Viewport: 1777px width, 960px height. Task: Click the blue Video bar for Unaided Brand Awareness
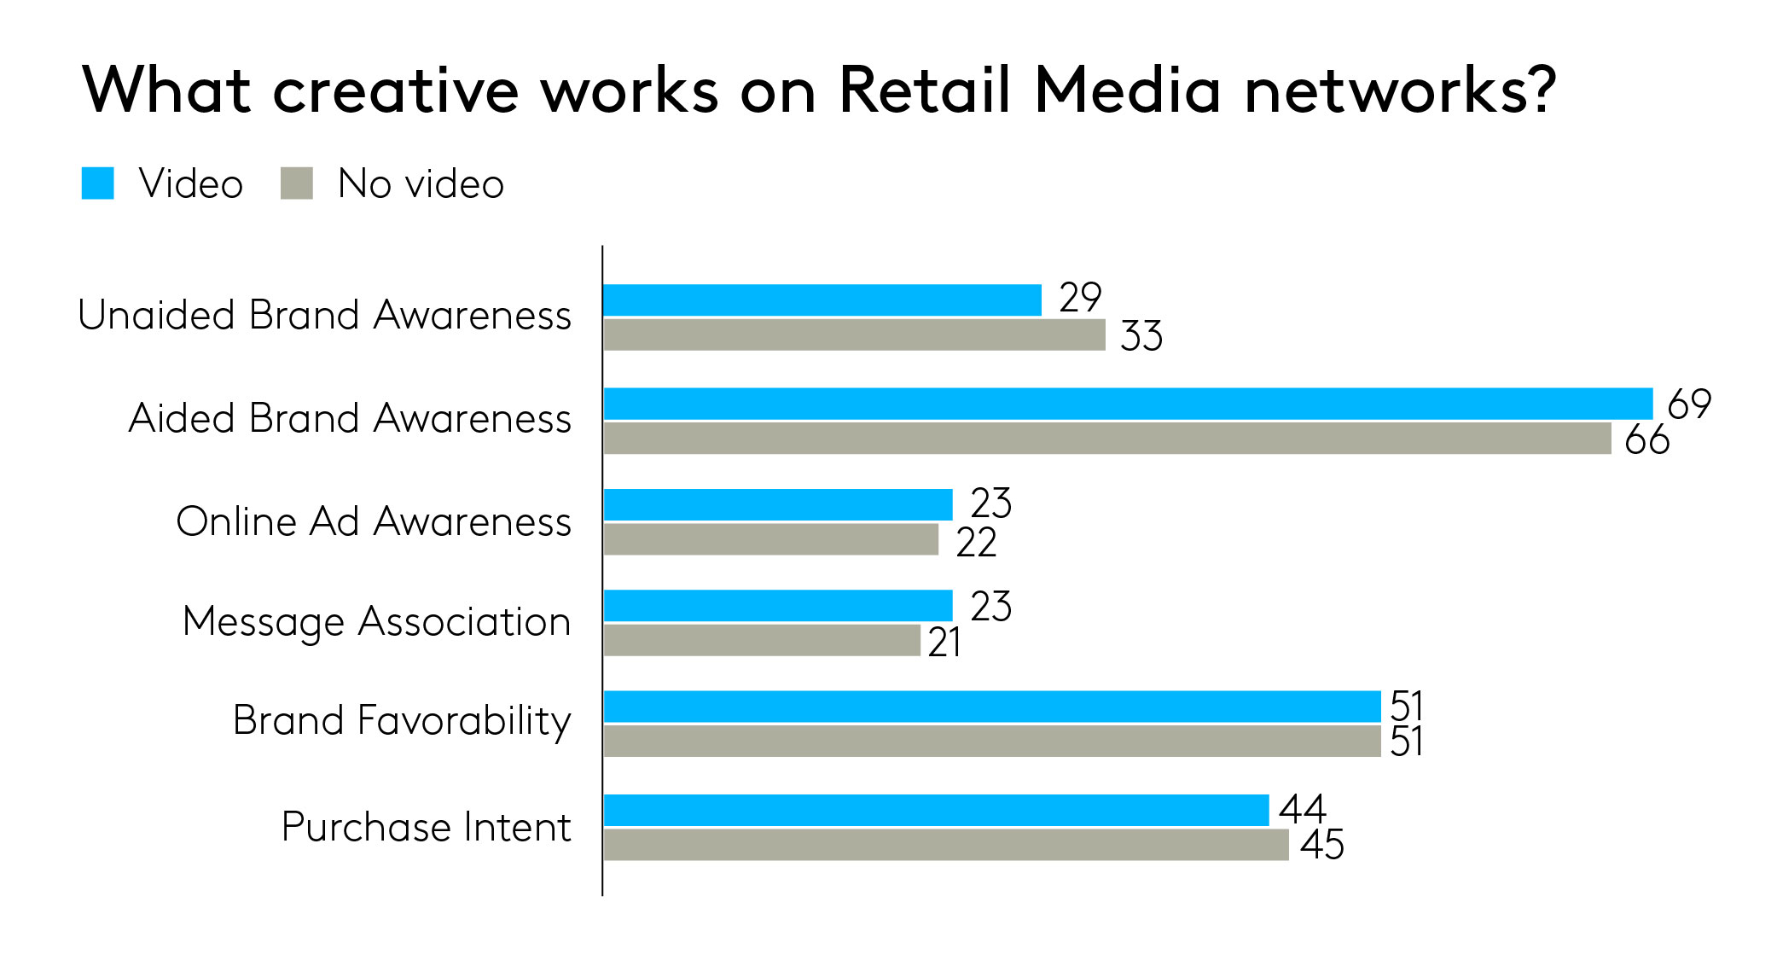[x=822, y=300]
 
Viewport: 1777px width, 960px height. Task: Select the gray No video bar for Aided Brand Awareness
[x=1106, y=439]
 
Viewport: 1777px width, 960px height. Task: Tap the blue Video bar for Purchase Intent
[x=935, y=810]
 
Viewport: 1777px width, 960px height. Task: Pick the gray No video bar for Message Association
[x=761, y=640]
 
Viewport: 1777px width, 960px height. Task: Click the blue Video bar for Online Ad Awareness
[x=777, y=504]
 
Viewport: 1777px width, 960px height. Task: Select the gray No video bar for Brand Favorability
[x=991, y=741]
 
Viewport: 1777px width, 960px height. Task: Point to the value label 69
[x=1688, y=404]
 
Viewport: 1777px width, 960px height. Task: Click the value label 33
[x=1141, y=336]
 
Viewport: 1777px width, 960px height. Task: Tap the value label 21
[x=944, y=643]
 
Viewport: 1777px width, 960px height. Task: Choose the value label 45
[x=1321, y=845]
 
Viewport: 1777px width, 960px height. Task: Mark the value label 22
[x=975, y=543]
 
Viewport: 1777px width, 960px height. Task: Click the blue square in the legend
[x=97, y=183]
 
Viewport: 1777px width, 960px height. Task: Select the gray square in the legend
[x=296, y=183]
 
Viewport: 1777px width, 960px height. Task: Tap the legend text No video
[x=421, y=183]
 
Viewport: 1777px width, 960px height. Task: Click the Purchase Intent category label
[x=426, y=827]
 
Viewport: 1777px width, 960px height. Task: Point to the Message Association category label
[x=376, y=621]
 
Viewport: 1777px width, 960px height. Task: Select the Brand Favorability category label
[x=401, y=721]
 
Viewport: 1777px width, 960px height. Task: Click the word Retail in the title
[x=924, y=90]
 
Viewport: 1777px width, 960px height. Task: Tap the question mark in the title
[x=1542, y=90]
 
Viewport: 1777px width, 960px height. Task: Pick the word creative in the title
[x=395, y=90]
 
